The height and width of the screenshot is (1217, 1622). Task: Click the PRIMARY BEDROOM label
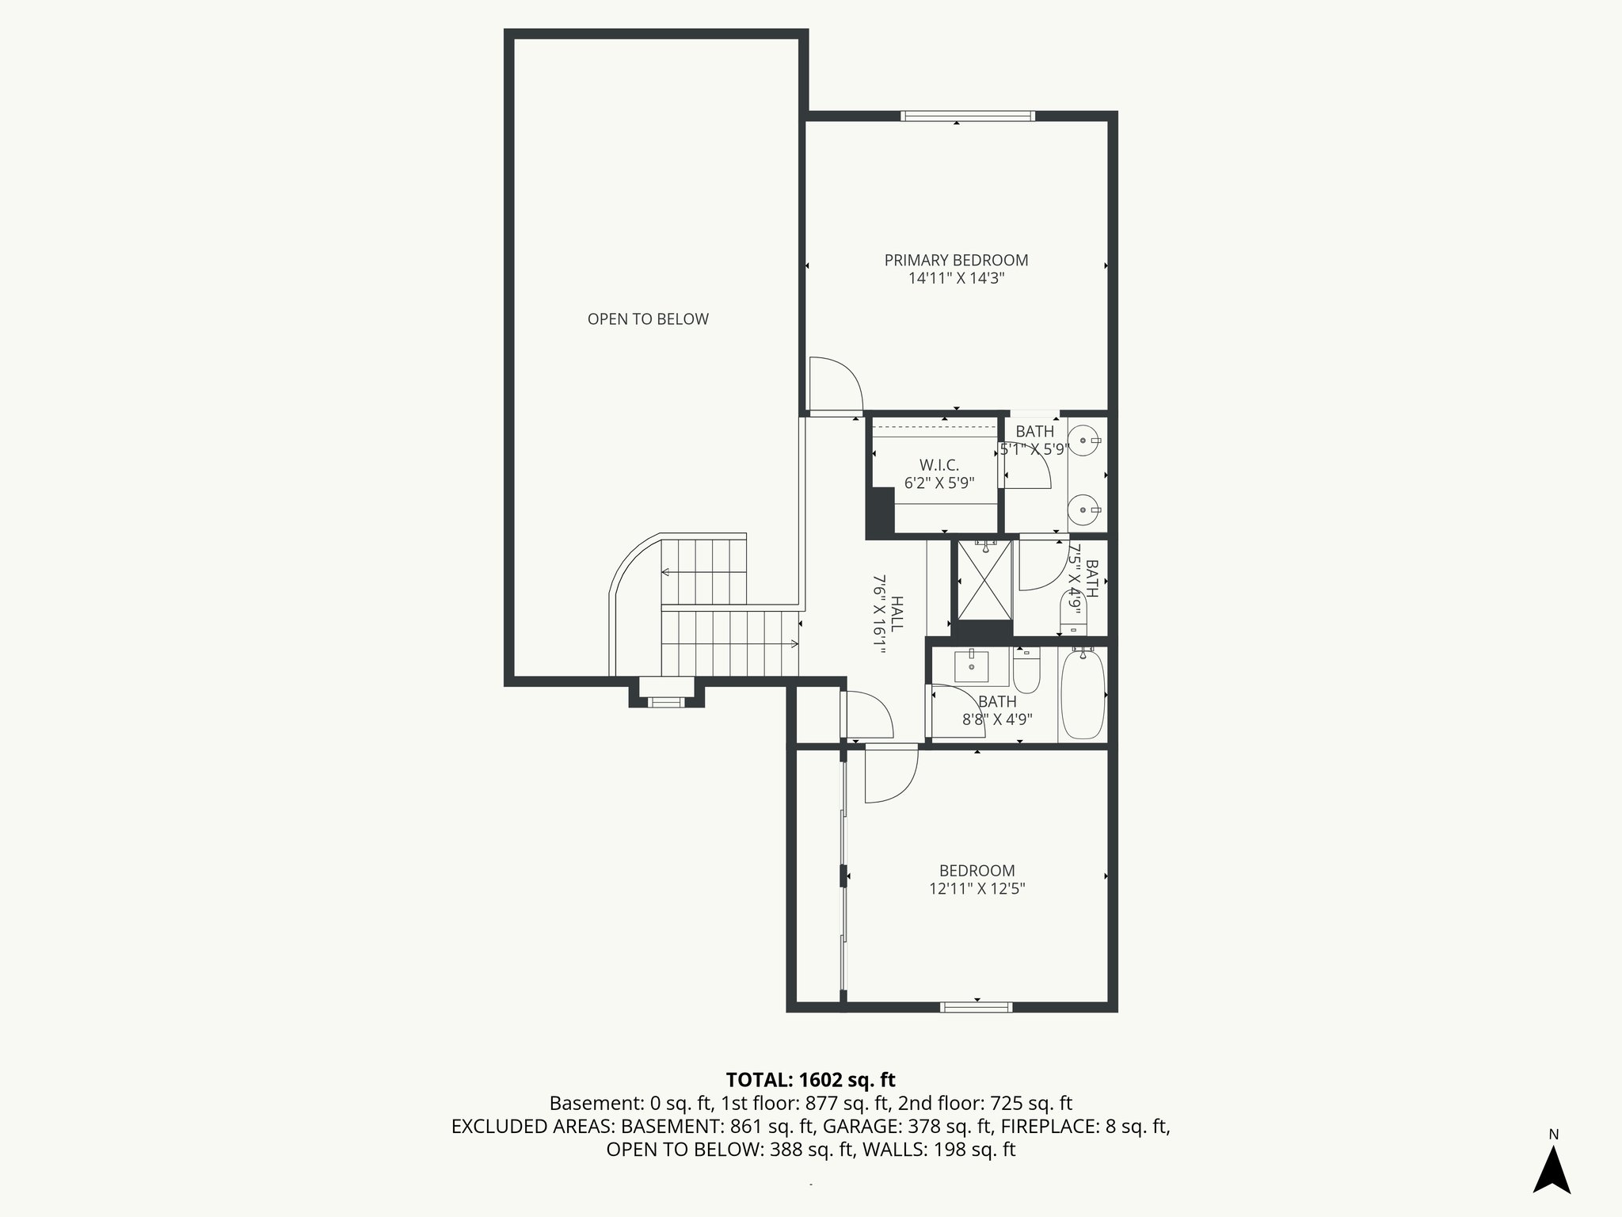956,260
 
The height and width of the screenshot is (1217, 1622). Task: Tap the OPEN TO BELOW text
648,319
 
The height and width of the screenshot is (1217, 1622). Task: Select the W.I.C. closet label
939,465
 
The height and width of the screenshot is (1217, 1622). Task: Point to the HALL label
897,613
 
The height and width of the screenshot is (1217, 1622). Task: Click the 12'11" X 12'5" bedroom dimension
977,889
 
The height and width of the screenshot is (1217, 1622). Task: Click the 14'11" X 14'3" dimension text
956,278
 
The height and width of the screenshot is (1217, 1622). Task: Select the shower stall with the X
984,580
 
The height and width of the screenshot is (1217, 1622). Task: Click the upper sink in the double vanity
1083,440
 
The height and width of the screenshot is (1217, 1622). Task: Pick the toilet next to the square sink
1026,672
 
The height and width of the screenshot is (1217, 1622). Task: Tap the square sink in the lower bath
971,666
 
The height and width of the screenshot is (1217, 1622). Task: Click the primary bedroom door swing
834,386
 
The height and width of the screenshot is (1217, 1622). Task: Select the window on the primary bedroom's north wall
968,116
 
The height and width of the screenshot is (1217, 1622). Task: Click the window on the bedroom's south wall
976,1007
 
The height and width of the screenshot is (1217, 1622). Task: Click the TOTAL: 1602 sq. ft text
810,1079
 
